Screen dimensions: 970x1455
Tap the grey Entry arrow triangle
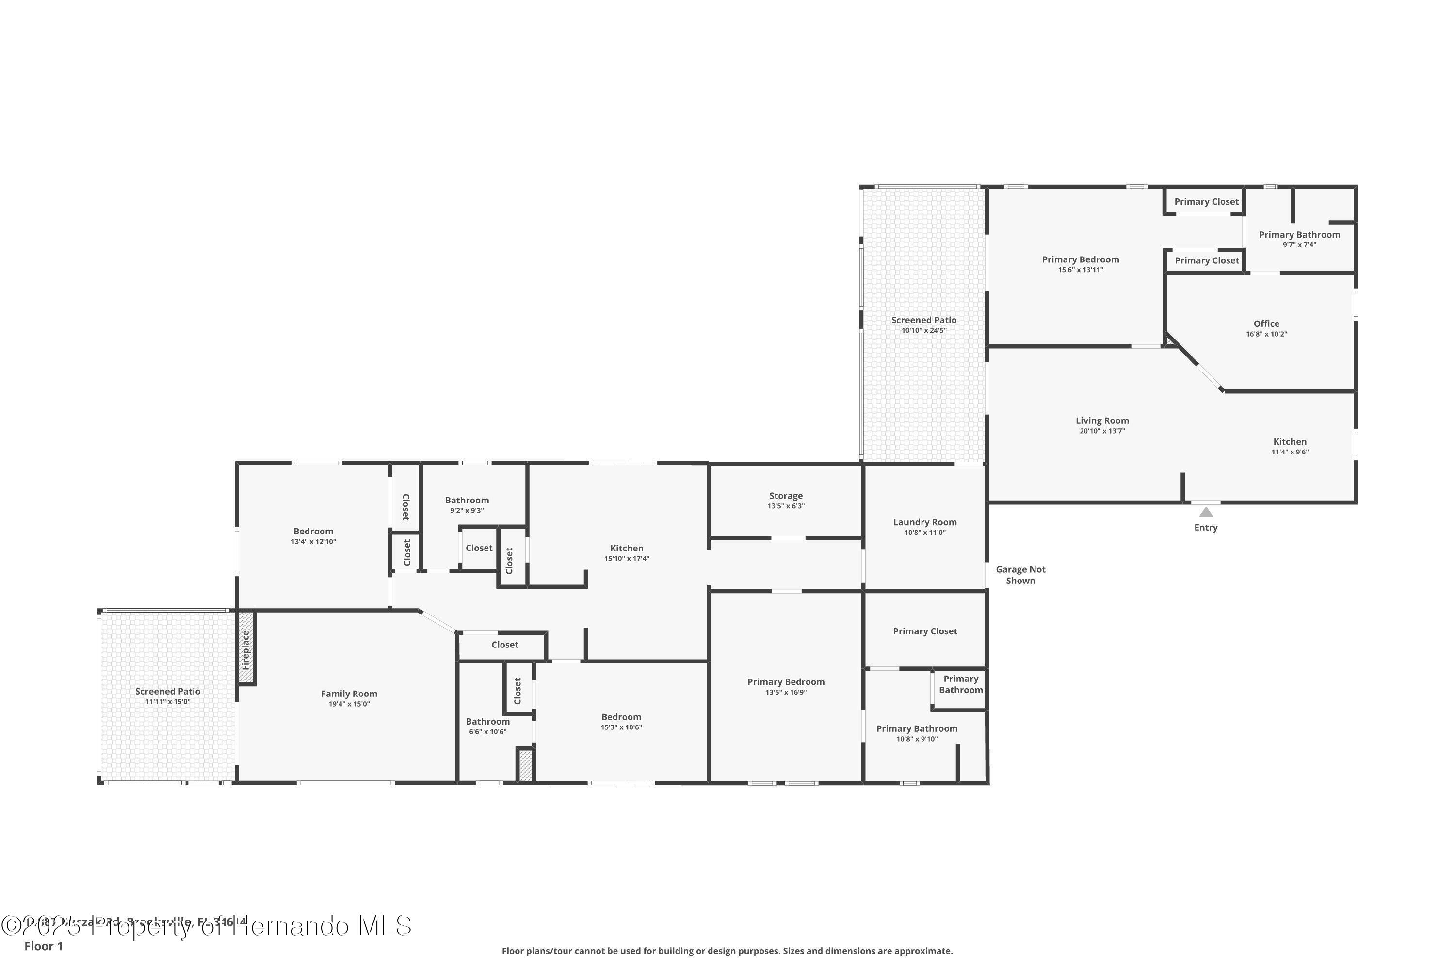1206,512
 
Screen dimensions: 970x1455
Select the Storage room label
786,496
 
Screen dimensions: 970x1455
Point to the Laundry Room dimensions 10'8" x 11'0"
925,533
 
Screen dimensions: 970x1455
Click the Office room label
1266,323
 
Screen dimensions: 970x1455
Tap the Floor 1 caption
43,946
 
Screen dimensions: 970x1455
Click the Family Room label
349,694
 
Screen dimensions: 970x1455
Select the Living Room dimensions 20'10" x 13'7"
1102,431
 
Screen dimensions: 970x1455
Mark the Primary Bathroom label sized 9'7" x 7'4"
1299,234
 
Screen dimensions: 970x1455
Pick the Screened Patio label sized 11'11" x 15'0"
168,691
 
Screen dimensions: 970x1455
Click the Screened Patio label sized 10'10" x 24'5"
923,320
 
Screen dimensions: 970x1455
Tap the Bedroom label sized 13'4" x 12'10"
313,532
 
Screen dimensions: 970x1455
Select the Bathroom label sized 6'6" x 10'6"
487,721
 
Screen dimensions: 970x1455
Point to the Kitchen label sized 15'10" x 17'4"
627,548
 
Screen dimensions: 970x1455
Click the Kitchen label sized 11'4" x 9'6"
1290,442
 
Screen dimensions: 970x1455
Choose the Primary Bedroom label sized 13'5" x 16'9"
786,682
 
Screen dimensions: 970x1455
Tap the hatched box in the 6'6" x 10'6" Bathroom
525,765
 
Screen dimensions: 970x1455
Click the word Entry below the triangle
1206,528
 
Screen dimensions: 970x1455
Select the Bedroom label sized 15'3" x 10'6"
621,717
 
